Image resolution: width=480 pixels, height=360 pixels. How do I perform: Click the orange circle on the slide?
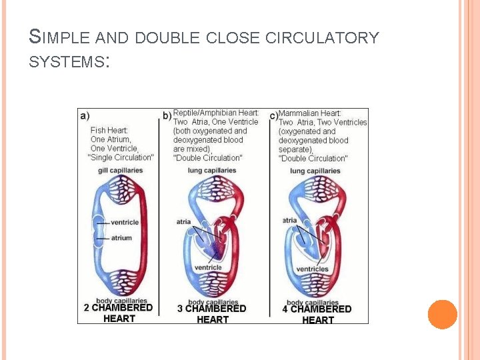[x=442, y=315]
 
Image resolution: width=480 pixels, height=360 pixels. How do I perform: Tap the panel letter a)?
[x=85, y=115]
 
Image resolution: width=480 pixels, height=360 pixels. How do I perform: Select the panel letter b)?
[x=167, y=115]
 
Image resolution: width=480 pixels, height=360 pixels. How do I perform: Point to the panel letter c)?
[x=273, y=116]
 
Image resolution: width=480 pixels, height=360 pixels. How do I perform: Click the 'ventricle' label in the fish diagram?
[x=125, y=222]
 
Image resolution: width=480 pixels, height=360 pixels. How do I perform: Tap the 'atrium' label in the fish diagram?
[x=121, y=238]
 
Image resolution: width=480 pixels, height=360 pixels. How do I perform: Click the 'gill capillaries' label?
[x=121, y=171]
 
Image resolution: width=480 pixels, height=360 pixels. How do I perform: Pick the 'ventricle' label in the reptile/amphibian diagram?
[x=208, y=268]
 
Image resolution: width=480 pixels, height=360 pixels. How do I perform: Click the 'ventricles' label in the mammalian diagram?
[x=312, y=269]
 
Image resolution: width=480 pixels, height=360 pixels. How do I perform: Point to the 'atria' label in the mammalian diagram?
[x=290, y=220]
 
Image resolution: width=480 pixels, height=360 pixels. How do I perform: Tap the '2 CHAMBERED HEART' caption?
[x=119, y=313]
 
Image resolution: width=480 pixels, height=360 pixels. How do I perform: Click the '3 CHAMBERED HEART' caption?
[x=213, y=314]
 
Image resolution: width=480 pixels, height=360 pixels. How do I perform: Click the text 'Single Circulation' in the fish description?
[x=121, y=158]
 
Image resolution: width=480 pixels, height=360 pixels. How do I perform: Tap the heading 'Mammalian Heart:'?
[x=310, y=113]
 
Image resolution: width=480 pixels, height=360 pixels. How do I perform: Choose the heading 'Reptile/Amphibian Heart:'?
[x=216, y=113]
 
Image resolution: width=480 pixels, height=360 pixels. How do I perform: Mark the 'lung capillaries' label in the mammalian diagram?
[x=315, y=171]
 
